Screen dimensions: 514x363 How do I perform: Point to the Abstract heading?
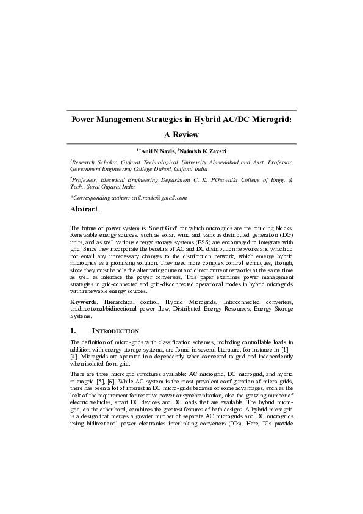click(x=84, y=209)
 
